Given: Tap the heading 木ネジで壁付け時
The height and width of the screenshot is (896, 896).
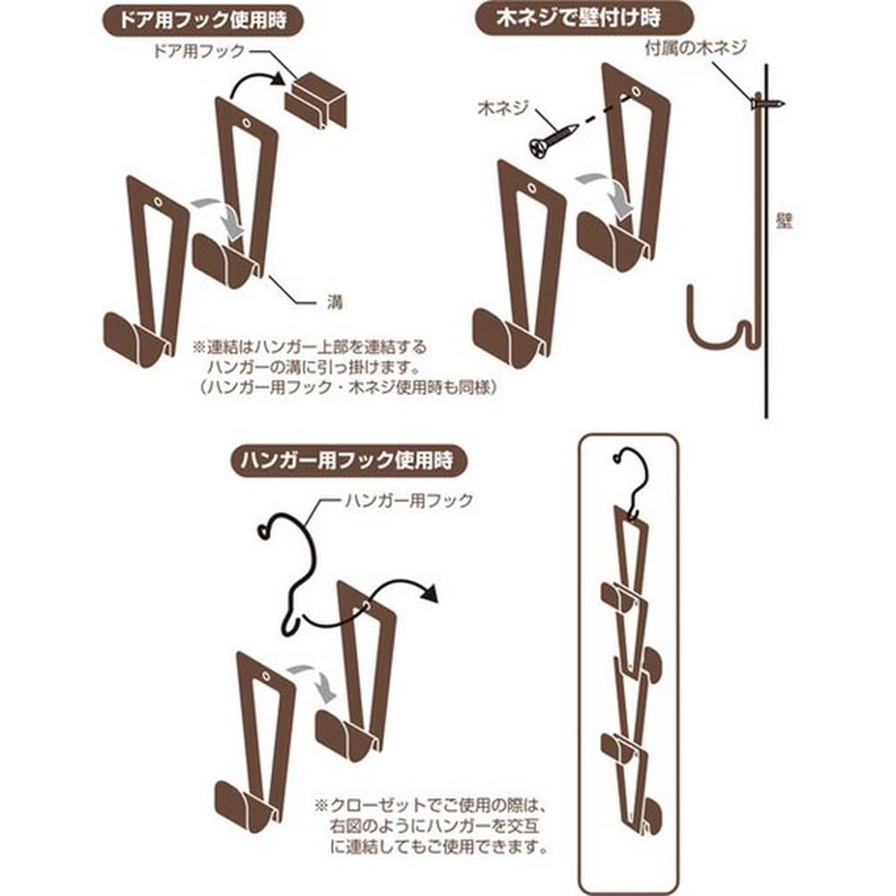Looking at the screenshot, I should coord(586,17).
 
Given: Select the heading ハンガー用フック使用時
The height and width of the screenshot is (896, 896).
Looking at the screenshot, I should coord(344,461).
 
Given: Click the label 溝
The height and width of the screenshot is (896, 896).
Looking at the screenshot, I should coord(334,301).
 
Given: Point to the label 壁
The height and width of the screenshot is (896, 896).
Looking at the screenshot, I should coord(785,222).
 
